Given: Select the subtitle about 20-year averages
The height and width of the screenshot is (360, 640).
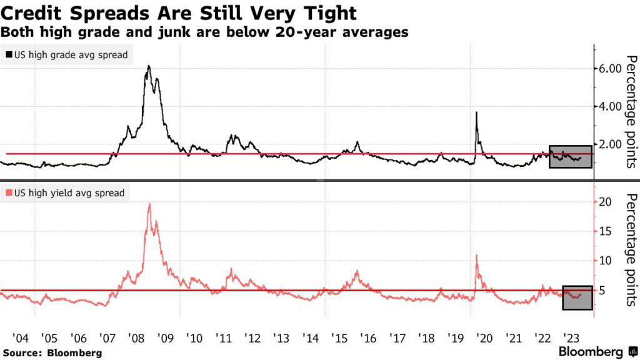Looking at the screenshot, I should coord(205,32).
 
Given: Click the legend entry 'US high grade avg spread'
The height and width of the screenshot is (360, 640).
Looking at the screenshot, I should coord(67,55).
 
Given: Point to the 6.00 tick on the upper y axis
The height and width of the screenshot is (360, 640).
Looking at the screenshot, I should coord(609,68).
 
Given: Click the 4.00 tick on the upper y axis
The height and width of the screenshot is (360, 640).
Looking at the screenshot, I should coord(609,106).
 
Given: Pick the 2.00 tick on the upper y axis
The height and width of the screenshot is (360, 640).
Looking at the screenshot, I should coord(609,144).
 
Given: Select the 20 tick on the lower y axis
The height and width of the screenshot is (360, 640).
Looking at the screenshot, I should coord(604,202).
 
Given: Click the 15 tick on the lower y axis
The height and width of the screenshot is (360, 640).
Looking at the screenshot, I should coord(604,231).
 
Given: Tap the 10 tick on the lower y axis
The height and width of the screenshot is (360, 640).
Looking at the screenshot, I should coord(604,261).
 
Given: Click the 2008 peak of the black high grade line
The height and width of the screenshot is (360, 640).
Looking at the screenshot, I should coord(148,66).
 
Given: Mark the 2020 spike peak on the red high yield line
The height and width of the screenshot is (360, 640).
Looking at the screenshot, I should coord(477,255).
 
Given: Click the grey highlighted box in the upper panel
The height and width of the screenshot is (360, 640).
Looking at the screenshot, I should coord(570,156).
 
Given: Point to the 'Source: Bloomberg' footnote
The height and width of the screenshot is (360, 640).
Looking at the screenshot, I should coord(52,353).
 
